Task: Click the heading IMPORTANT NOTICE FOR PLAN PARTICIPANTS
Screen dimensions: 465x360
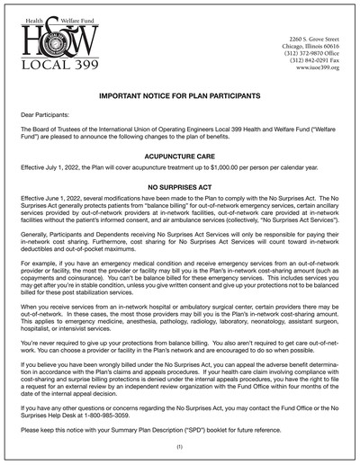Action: [x=179, y=94]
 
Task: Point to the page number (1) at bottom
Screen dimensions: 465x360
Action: [x=179, y=447]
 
